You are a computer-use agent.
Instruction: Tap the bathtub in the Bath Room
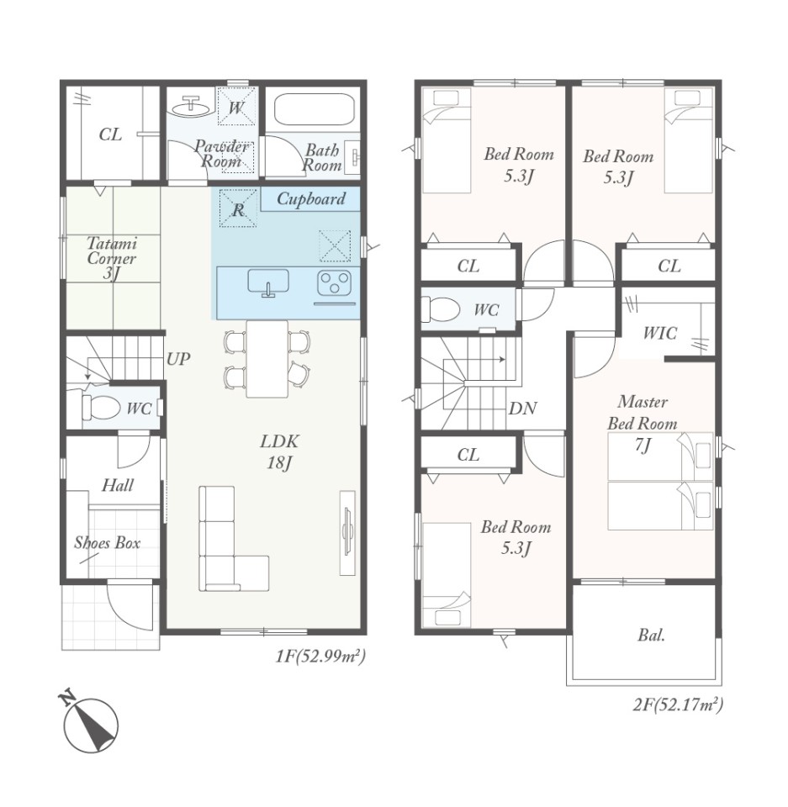(315, 109)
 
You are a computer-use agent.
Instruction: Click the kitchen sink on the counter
(268, 283)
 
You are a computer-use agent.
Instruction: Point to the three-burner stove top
(334, 282)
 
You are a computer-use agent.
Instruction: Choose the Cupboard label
(311, 198)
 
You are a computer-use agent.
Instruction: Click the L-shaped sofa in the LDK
(233, 538)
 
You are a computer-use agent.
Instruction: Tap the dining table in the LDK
(267, 359)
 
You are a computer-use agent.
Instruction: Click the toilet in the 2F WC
(441, 309)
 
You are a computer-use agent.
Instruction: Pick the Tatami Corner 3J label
(112, 257)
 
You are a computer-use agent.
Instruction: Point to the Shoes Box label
(107, 542)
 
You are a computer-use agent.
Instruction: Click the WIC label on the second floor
(660, 333)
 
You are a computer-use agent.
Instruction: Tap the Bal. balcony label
(651, 636)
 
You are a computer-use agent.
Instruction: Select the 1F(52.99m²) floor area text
(320, 656)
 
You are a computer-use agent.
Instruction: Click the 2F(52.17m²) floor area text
(678, 704)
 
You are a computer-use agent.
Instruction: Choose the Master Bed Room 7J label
(643, 423)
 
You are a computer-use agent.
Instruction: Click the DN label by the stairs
(523, 409)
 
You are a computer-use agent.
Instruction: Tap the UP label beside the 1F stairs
(178, 359)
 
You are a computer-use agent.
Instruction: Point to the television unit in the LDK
(347, 533)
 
